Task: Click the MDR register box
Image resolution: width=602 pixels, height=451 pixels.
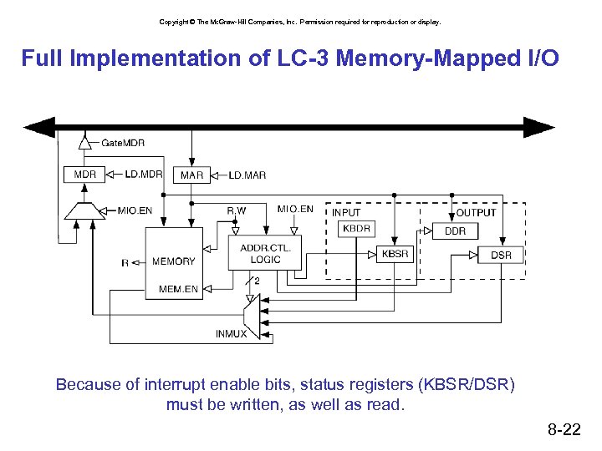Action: (x=84, y=175)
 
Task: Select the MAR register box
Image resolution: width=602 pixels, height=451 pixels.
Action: (x=191, y=175)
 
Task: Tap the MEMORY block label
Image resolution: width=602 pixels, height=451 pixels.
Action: (x=173, y=261)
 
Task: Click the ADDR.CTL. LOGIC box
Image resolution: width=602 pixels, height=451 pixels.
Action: (x=265, y=253)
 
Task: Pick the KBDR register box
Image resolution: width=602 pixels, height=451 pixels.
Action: (x=356, y=228)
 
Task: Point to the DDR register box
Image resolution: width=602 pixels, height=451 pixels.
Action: (x=455, y=231)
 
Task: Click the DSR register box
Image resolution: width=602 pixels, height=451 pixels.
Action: (x=501, y=255)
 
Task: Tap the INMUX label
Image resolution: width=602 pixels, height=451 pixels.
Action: (x=232, y=334)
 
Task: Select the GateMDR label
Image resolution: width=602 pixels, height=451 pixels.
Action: (x=123, y=143)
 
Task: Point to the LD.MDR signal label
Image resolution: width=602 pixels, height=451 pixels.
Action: (x=144, y=175)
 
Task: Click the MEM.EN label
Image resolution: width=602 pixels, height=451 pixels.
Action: (x=179, y=290)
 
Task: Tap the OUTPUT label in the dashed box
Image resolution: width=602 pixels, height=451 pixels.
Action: (x=477, y=212)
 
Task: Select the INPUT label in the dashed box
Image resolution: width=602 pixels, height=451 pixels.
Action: (x=346, y=212)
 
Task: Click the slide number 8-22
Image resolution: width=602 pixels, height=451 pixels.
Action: (x=564, y=430)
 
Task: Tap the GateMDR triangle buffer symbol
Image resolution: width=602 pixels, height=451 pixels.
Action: (x=84, y=143)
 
